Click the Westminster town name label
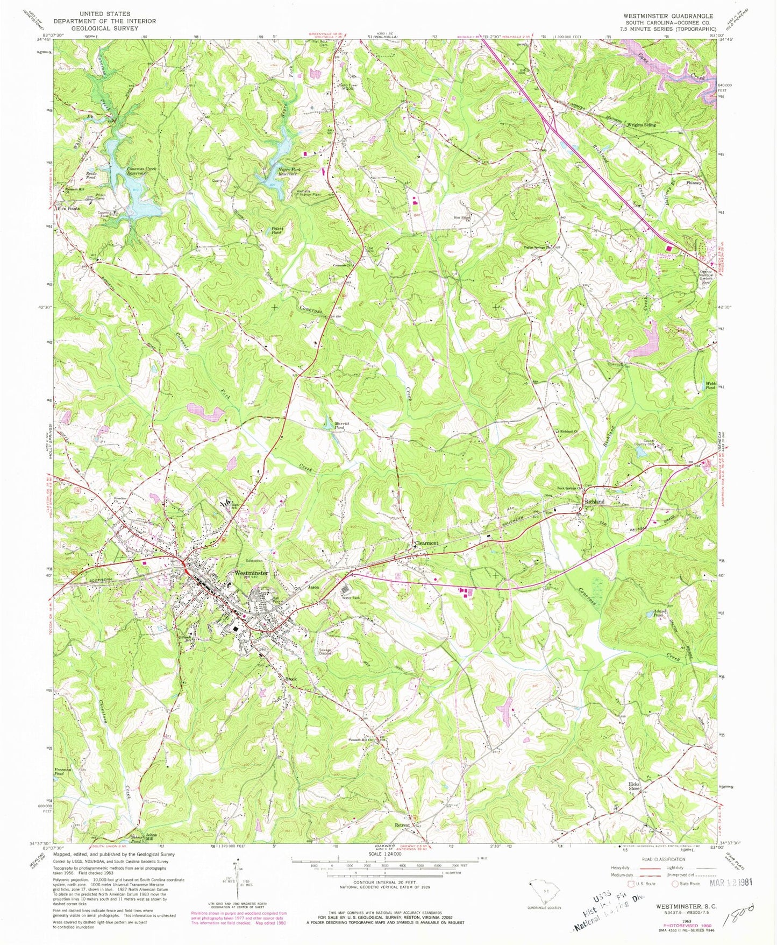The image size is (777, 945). pos(251,573)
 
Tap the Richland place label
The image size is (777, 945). pos(594,502)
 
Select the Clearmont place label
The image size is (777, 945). pos(426,543)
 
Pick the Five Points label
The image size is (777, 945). pos(69,208)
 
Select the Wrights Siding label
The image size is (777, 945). pos(641,125)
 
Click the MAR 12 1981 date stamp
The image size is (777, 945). pos(730,882)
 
